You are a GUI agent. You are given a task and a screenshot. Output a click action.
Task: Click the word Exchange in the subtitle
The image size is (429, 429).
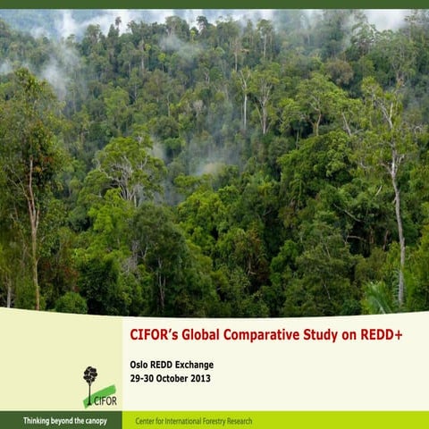[194, 365]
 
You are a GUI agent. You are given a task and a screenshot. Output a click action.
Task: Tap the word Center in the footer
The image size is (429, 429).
[145, 421]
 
